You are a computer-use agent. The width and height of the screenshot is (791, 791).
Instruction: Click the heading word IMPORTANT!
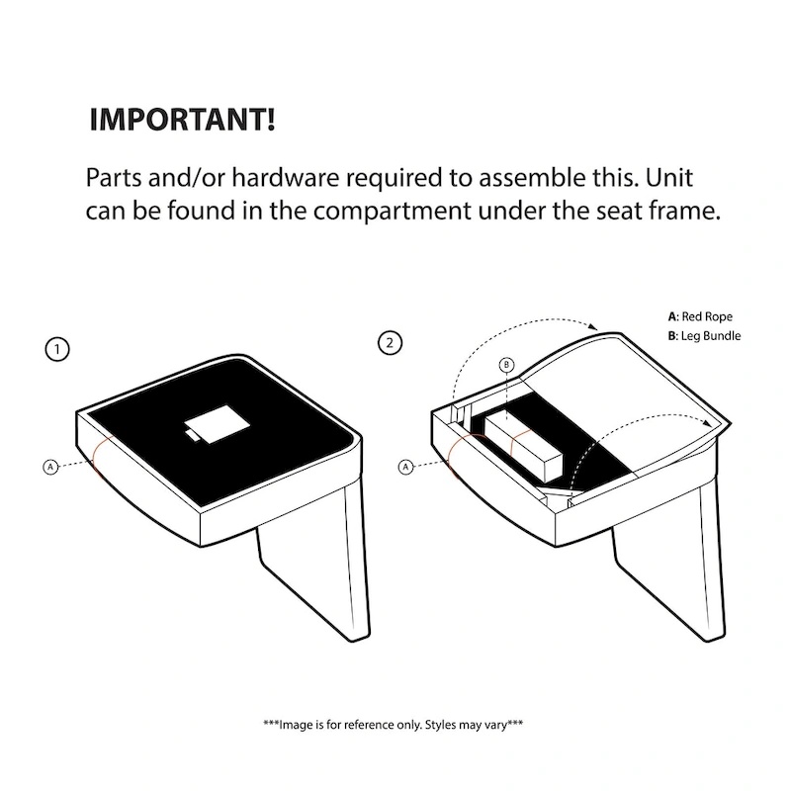coord(182,120)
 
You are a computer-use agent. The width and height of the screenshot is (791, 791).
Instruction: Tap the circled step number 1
coord(57,349)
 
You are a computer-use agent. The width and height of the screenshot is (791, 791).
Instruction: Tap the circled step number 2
coord(390,343)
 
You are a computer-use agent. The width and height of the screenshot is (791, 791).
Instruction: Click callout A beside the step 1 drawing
coord(50,467)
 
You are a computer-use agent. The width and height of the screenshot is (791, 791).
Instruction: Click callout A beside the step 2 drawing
coord(405,467)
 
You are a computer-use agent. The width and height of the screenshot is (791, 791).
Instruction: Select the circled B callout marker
coord(506,365)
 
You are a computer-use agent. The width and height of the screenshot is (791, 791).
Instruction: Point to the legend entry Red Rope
coord(700,316)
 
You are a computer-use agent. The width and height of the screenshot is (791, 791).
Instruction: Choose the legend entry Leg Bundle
coord(704,336)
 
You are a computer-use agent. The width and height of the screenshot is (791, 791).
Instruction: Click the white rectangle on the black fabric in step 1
coord(217,424)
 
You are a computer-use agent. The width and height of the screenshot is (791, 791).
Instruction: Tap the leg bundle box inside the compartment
coord(523,447)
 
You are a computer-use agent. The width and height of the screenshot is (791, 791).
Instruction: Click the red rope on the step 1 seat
coord(100,457)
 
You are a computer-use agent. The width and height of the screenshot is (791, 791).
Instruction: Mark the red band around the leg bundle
coord(520,442)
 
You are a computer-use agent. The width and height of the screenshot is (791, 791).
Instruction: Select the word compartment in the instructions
coord(392,211)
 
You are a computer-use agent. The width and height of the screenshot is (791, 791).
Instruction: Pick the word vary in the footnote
coord(497,725)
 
